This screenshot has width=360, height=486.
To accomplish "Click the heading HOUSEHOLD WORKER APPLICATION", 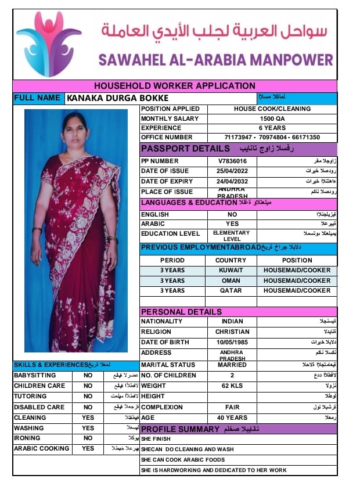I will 174,86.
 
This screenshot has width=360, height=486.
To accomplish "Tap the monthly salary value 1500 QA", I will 272,118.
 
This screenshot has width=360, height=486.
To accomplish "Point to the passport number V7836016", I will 232,161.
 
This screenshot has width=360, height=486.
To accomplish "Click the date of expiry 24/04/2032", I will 232,182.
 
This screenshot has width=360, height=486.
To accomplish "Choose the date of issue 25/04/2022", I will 232,171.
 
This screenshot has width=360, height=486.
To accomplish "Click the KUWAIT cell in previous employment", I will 231,271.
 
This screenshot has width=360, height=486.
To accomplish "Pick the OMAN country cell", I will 231,280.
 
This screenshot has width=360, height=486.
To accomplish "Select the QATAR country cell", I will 231,290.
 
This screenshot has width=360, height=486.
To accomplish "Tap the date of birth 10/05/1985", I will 232,343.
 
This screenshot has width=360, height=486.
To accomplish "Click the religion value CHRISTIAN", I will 232,332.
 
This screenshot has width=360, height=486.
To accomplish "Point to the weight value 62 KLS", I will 232,386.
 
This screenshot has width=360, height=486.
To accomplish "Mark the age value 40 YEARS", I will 232,417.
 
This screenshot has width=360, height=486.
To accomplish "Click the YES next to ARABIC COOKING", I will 88,449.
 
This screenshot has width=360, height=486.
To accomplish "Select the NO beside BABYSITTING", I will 88,376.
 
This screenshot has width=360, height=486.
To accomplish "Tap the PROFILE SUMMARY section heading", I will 180,429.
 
